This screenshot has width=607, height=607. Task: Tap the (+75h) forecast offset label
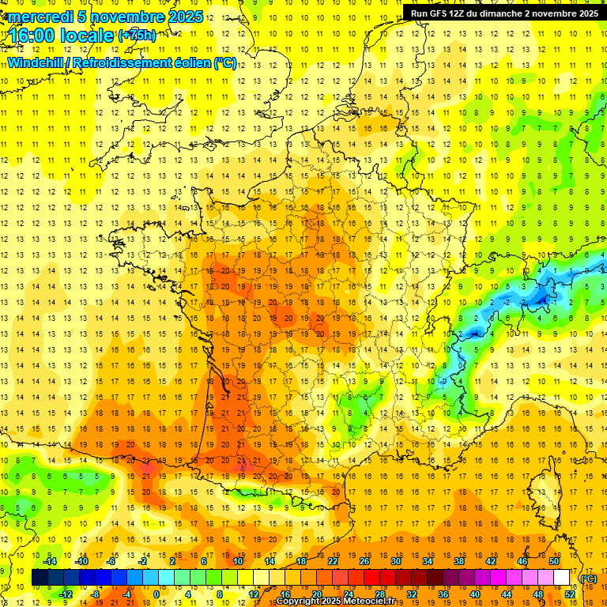[137, 36]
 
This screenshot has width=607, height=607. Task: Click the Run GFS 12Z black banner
[503, 13]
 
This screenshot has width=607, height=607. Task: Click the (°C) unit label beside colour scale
[588, 579]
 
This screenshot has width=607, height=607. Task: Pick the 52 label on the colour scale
[570, 594]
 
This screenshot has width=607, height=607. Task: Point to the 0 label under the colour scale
[156, 594]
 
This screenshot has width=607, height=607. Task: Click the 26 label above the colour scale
[364, 561]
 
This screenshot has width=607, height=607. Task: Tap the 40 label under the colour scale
[475, 594]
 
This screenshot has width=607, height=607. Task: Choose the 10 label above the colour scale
[238, 561]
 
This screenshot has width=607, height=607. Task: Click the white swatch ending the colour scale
[561, 578]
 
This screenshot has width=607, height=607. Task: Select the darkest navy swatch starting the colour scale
[40, 578]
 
